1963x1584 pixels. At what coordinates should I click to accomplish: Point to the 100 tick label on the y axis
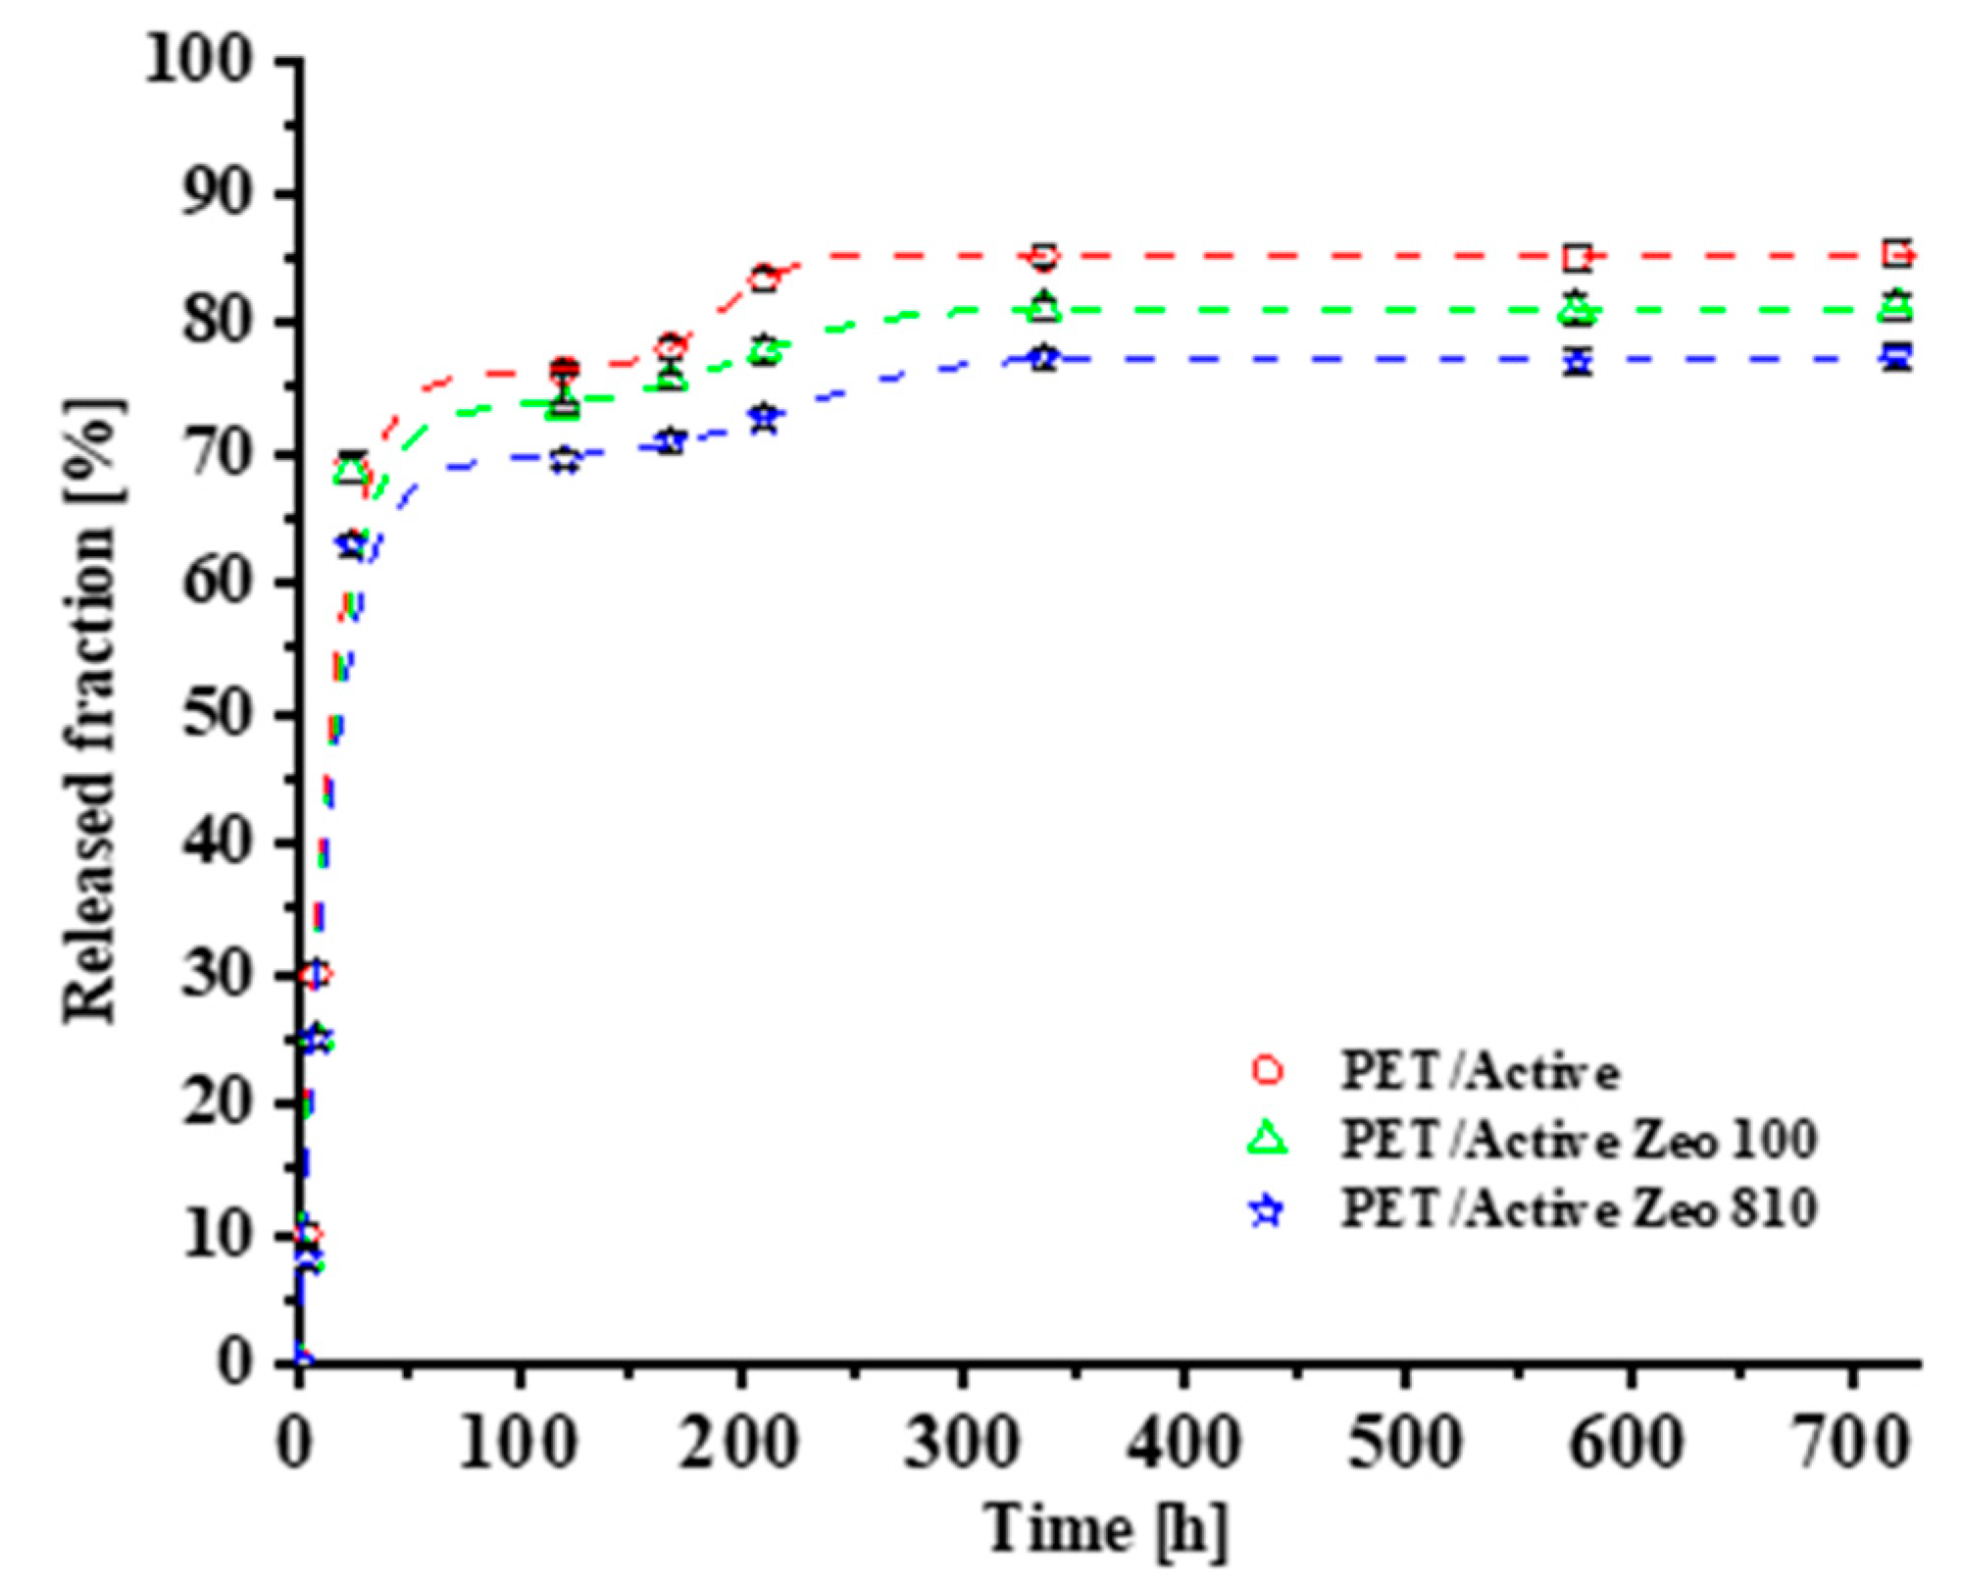[199, 61]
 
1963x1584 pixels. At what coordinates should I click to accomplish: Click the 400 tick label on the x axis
[1184, 1444]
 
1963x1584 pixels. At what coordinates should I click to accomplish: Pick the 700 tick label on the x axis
[1851, 1444]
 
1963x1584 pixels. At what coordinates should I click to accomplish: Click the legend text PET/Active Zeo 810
[1579, 1208]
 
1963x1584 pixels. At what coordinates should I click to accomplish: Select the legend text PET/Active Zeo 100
[1579, 1140]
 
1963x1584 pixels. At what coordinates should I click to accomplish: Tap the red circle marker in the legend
[1268, 1070]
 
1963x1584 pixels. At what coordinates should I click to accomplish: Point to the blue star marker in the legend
[1268, 1210]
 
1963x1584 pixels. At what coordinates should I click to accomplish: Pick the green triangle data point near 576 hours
[1578, 310]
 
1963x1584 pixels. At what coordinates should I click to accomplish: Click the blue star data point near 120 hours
[565, 459]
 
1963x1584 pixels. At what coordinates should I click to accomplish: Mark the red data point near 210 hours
[765, 279]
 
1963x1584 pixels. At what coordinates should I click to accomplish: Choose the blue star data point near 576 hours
[1578, 361]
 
